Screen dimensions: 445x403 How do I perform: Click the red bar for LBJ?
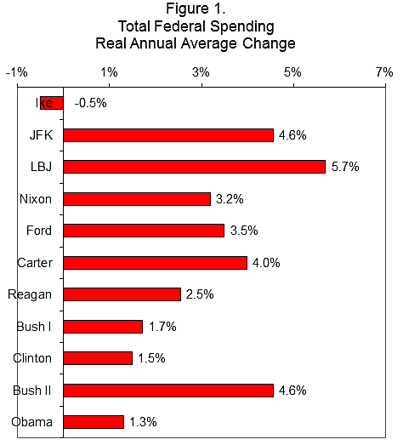pos(194,167)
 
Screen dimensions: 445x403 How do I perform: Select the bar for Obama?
pos(94,422)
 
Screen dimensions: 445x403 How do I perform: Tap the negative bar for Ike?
pos(52,103)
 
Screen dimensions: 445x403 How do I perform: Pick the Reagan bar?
pos(122,294)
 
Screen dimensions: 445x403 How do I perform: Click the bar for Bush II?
pos(168,390)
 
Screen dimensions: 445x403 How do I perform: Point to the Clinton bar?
pos(98,358)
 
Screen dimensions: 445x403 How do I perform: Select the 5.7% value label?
pos(345,167)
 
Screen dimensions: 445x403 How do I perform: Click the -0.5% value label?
pos(91,103)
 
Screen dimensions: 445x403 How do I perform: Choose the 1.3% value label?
pos(144,422)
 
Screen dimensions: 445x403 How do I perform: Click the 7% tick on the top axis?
pos(383,73)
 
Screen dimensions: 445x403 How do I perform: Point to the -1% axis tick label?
pos(16,73)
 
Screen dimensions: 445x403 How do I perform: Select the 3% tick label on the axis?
pos(201,73)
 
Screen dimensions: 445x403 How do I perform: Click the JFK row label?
pos(40,135)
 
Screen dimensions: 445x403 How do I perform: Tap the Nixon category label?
pos(35,199)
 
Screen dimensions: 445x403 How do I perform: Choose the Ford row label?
pos(38,231)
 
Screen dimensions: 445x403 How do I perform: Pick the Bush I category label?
pos(35,327)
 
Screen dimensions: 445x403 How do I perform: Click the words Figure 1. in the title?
pos(201,10)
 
